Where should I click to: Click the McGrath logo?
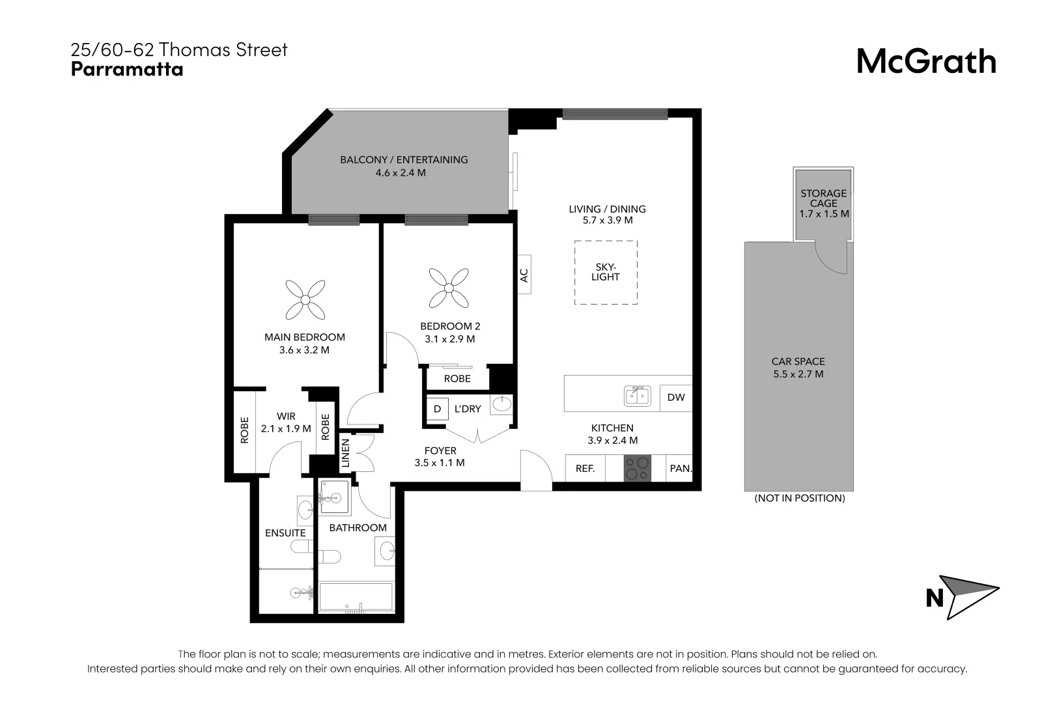pyautogui.click(x=925, y=62)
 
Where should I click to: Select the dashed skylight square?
pyautogui.click(x=606, y=272)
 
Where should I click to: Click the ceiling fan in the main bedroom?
pyautogui.click(x=305, y=299)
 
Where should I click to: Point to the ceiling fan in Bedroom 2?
pyautogui.click(x=448, y=288)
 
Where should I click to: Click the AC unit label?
pyautogui.click(x=524, y=275)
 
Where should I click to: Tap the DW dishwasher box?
pyautogui.click(x=676, y=397)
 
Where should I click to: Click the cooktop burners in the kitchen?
pyautogui.click(x=637, y=468)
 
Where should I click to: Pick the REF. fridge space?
pyautogui.click(x=585, y=468)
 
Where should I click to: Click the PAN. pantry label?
pyautogui.click(x=681, y=468)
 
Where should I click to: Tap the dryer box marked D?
pyautogui.click(x=437, y=409)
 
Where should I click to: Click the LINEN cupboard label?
pyautogui.click(x=346, y=452)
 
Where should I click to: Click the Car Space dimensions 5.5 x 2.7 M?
pyautogui.click(x=798, y=374)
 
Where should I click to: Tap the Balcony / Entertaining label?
pyautogui.click(x=404, y=159)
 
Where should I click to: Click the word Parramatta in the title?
pyautogui.click(x=127, y=70)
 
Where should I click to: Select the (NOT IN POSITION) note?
pyautogui.click(x=799, y=498)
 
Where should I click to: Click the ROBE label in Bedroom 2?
pyautogui.click(x=457, y=378)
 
